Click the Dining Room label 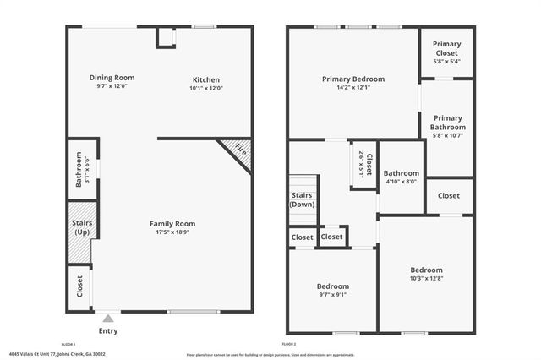point(112,78)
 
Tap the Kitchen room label point(206,80)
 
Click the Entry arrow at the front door point(107,319)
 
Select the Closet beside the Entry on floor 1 point(80,286)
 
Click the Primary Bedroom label point(352,79)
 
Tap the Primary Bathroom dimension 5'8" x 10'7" point(446,135)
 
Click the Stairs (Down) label point(303,200)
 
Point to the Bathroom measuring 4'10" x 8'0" point(402,181)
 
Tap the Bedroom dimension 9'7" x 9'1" point(332,295)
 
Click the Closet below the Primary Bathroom point(449,195)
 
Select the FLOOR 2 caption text point(289,345)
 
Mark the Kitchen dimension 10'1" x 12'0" point(206,89)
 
